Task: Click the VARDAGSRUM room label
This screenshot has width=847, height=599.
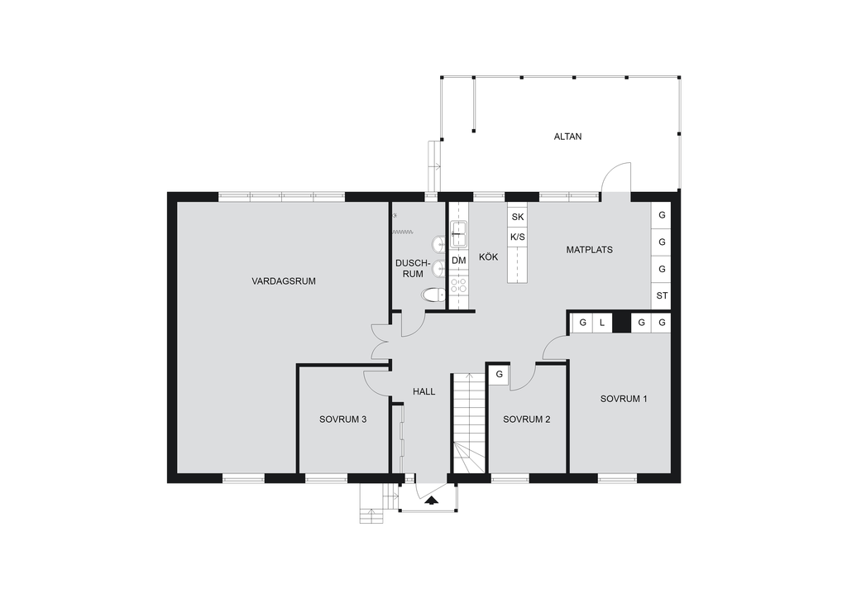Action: [284, 280]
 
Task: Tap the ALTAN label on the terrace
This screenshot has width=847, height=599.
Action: [567, 137]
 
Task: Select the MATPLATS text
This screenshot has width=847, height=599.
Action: [589, 250]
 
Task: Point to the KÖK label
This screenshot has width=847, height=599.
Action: [488, 256]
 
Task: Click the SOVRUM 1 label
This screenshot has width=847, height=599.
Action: [624, 399]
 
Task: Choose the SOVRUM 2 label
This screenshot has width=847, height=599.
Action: [527, 419]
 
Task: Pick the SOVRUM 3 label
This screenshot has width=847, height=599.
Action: [343, 419]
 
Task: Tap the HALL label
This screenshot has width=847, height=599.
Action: [424, 391]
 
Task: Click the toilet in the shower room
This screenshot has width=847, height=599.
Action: [433, 295]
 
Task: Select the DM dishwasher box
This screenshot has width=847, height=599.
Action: [458, 261]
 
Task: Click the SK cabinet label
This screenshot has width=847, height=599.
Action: [518, 217]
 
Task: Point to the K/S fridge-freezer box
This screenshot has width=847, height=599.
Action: [518, 237]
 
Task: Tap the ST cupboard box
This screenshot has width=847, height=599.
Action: [662, 296]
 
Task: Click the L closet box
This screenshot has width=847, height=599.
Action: [602, 323]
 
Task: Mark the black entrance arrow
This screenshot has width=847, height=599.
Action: [431, 501]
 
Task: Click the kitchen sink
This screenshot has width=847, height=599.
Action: [458, 234]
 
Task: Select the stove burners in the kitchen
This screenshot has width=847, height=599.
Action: [458, 285]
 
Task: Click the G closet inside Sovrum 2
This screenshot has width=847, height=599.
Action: [499, 374]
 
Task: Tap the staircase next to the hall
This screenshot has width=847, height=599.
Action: [468, 423]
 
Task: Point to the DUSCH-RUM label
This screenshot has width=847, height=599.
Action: [414, 268]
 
